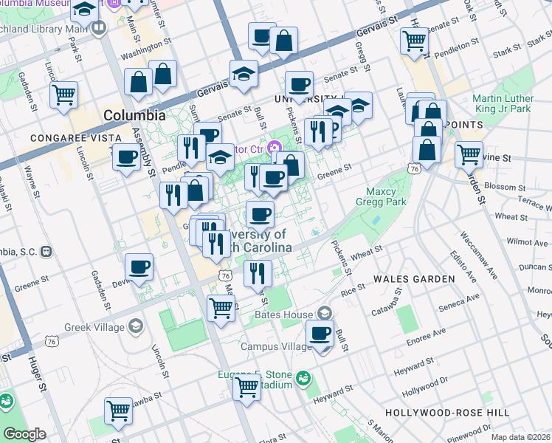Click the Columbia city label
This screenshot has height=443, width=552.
(134, 115)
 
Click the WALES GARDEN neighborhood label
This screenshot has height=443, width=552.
(414, 279)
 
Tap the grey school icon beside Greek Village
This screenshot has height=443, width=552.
(134, 326)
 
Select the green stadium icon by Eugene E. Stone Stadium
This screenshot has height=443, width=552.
(302, 380)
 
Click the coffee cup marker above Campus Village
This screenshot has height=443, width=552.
(320, 334)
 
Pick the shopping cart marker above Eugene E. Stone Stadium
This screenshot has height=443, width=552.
(246, 385)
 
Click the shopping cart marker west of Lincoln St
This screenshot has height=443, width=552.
(64, 94)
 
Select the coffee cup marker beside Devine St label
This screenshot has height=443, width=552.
(139, 267)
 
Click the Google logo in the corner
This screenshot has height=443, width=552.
(24, 434)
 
